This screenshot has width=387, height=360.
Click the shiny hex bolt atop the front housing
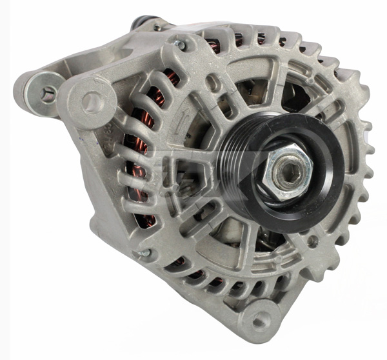(x=183, y=45)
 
